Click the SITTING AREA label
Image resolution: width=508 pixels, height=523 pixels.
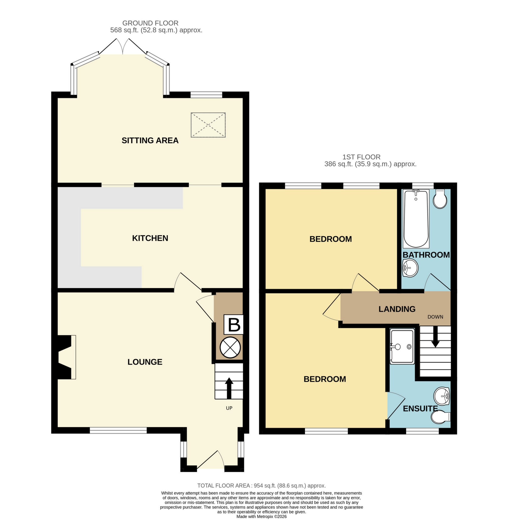[x=150, y=141]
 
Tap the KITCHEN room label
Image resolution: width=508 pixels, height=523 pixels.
[x=150, y=238]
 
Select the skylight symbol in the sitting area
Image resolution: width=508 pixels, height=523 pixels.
[x=208, y=125]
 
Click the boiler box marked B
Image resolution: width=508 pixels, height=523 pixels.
[x=234, y=324]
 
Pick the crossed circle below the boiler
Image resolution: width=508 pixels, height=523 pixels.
[x=230, y=348]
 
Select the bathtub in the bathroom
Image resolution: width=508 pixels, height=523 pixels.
[x=416, y=219]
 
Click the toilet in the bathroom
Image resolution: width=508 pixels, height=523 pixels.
[x=440, y=199]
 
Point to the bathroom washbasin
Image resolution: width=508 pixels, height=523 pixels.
[x=410, y=268]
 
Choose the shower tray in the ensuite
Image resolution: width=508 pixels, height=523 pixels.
[x=402, y=346]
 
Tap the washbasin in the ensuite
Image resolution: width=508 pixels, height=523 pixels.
[x=442, y=396]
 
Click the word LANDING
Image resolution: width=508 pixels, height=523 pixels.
[x=397, y=309]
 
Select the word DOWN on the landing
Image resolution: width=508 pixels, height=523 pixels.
[x=435, y=317]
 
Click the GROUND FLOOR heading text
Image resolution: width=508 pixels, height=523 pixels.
[x=150, y=23]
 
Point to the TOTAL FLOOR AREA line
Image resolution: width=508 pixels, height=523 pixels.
[x=261, y=486]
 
